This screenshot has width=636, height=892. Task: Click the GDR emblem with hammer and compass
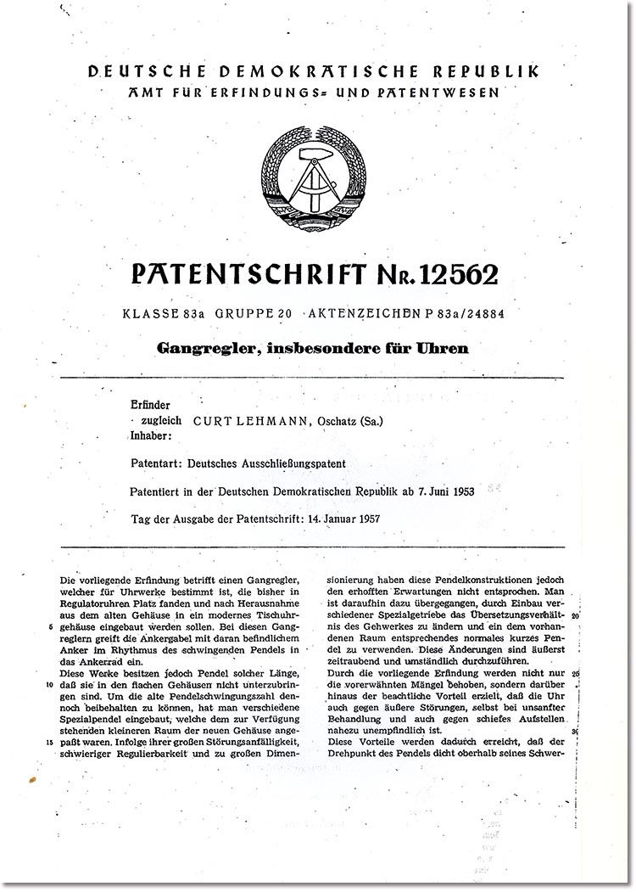[313, 177]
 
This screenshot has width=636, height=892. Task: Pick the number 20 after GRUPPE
[284, 315]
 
